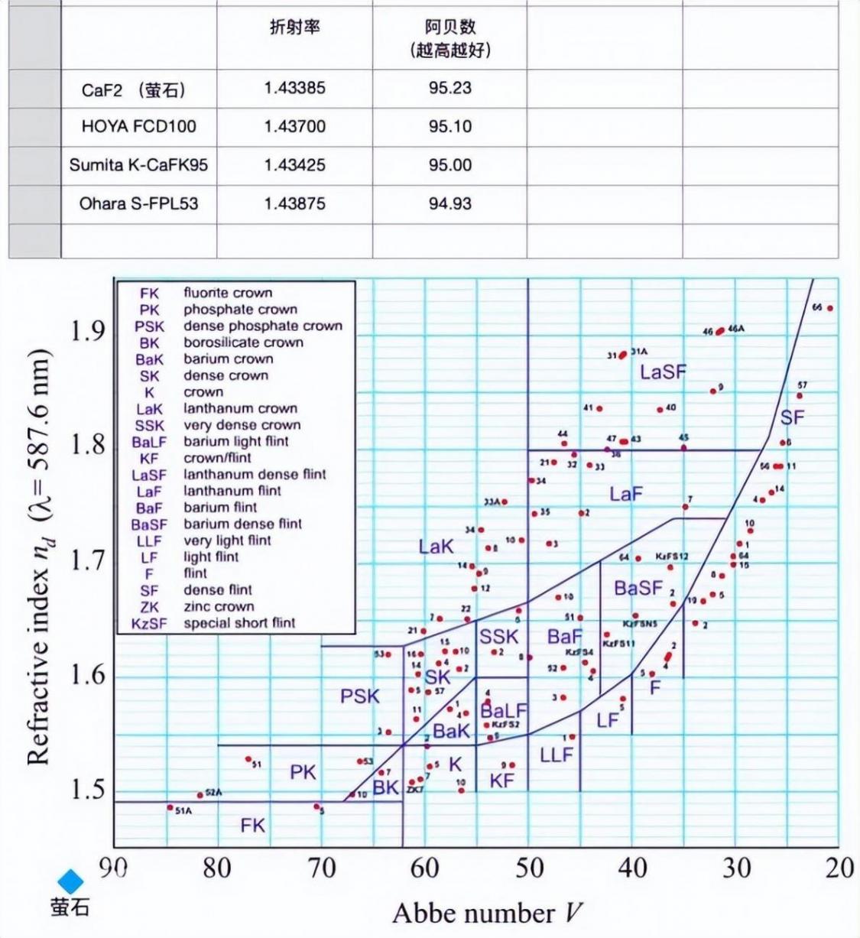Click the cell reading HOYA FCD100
tap(138, 127)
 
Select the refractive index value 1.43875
tap(294, 204)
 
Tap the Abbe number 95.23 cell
tap(449, 88)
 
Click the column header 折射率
tap(294, 28)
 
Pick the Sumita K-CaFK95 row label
tap(138, 165)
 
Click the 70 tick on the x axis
tap(322, 868)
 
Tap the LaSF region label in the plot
tap(663, 372)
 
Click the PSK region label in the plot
tap(359, 696)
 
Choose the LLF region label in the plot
tap(557, 755)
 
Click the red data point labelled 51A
tap(170, 807)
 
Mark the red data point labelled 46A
tap(720, 331)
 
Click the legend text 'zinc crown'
tap(219, 607)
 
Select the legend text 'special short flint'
tap(239, 623)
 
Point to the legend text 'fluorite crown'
tap(228, 293)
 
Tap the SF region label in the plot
tap(792, 417)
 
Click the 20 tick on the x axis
tap(839, 868)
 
